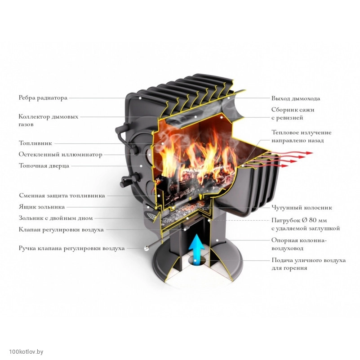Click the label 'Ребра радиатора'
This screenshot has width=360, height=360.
click(x=43, y=98)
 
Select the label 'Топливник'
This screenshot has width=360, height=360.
click(x=36, y=143)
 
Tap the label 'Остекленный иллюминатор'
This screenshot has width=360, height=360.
click(x=60, y=155)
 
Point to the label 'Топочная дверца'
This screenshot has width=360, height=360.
click(x=44, y=166)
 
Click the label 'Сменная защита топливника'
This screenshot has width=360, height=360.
click(x=62, y=196)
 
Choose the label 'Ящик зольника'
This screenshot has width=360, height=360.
click(x=42, y=207)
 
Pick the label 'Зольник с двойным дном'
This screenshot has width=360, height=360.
click(x=56, y=218)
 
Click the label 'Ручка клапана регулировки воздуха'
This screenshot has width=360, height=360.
click(x=71, y=249)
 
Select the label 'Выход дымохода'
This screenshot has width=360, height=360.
click(x=296, y=98)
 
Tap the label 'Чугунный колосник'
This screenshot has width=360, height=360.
click(x=302, y=208)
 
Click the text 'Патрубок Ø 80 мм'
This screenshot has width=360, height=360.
click(x=299, y=220)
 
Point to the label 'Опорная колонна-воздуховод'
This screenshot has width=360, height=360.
click(x=299, y=244)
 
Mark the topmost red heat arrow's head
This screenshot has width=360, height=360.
click(x=310, y=153)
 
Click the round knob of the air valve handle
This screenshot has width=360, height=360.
click(x=146, y=248)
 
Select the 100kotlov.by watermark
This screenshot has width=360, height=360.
click(x=26, y=352)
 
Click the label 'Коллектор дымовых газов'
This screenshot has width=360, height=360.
click(x=49, y=120)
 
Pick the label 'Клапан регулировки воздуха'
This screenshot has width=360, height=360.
click(x=61, y=230)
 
